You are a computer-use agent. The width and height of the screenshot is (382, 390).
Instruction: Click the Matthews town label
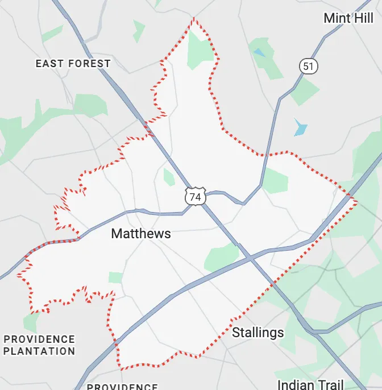click(141, 234)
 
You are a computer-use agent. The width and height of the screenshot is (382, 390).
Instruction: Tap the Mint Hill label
click(348, 18)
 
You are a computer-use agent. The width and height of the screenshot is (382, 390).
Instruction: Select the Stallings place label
click(258, 333)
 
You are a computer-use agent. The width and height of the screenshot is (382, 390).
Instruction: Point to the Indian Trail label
click(310, 385)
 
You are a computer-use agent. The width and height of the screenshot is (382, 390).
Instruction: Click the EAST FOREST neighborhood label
click(73, 64)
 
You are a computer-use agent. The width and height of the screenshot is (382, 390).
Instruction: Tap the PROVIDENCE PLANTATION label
click(39, 345)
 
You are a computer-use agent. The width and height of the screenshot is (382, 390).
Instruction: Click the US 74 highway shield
click(195, 197)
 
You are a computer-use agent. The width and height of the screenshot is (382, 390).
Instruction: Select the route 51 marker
click(308, 67)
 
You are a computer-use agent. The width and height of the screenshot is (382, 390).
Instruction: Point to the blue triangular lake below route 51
click(300, 127)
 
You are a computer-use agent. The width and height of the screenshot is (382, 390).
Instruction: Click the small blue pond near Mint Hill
click(260, 52)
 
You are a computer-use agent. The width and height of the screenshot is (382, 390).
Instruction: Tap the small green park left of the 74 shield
click(169, 177)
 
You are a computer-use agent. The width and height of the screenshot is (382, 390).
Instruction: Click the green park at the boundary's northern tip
click(199, 51)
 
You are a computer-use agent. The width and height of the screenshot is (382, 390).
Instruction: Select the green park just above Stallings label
click(222, 257)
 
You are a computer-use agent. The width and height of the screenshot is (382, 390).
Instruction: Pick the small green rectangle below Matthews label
click(115, 277)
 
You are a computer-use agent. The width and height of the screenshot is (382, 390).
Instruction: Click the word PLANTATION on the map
click(39, 351)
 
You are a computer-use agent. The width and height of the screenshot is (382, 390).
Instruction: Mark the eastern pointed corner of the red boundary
click(356, 201)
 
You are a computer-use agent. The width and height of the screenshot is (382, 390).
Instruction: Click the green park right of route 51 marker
click(305, 91)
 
